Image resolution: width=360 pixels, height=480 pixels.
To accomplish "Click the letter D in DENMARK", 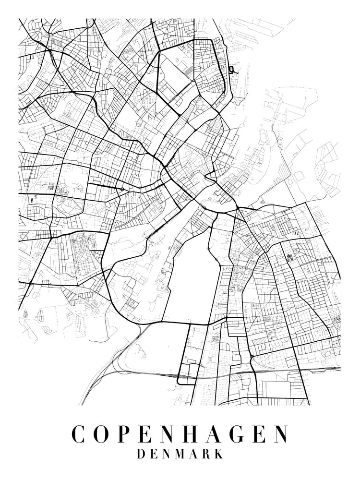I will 142,454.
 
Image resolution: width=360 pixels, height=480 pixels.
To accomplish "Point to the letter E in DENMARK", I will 155,454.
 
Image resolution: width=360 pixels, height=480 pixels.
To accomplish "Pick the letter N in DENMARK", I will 168,454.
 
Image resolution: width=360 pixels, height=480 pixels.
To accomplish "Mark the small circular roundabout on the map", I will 122,189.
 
